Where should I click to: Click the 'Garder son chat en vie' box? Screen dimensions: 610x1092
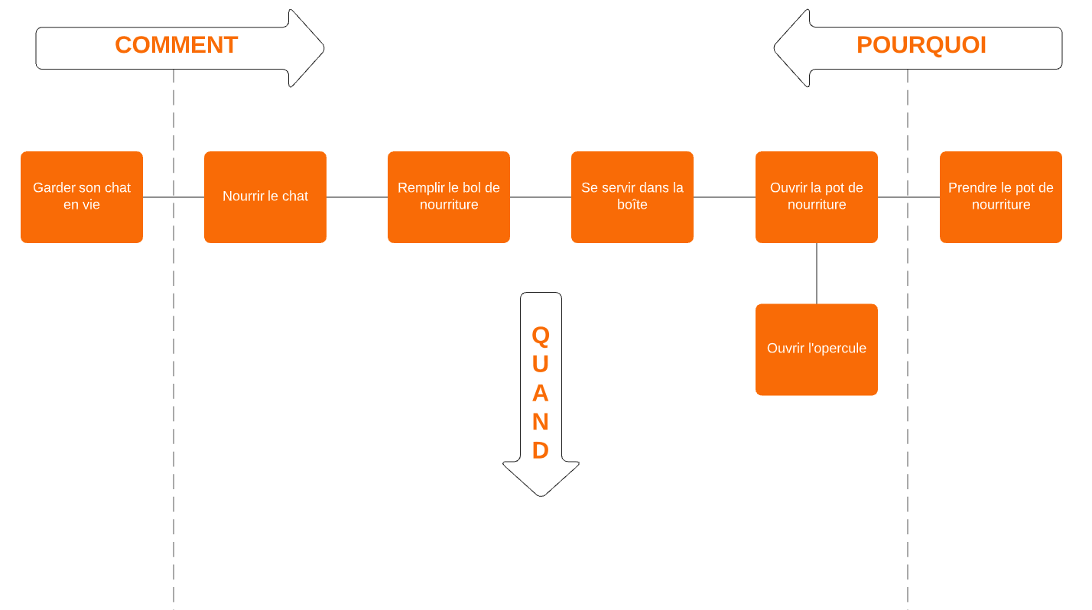click(82, 196)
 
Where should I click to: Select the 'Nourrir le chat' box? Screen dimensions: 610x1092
click(265, 196)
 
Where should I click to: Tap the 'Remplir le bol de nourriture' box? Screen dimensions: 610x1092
click(449, 196)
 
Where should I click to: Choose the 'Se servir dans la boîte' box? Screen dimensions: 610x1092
click(632, 196)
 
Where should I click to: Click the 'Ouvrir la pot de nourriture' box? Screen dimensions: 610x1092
click(817, 196)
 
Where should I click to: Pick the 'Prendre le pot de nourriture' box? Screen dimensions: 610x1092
click(1001, 196)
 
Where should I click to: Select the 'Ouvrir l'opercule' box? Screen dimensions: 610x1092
click(817, 349)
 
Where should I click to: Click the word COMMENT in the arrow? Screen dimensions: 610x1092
click(176, 45)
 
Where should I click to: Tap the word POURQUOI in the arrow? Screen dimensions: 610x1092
click(921, 45)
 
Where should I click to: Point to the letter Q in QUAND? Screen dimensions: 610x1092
click(541, 335)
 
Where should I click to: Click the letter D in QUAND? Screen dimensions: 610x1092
click(541, 450)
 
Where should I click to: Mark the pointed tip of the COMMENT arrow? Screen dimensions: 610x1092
click(323, 48)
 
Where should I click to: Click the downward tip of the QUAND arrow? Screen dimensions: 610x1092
click(541, 495)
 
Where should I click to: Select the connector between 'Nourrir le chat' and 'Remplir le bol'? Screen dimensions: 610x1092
click(357, 197)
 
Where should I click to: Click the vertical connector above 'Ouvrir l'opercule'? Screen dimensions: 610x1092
click(817, 273)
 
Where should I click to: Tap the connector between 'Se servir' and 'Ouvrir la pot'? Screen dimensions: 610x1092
click(724, 197)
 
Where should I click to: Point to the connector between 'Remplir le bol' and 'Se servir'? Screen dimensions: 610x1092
click(541, 197)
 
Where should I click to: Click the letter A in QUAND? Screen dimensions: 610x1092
click(541, 393)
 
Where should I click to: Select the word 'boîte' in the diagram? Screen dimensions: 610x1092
click(632, 205)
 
